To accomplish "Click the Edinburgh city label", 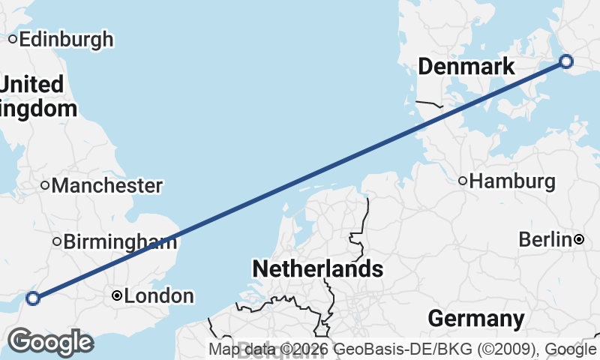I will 66,39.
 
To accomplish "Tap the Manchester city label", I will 106,185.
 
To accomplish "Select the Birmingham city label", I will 120,241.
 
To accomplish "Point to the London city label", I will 158,296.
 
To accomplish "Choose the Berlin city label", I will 545,240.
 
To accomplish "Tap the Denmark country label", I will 466,67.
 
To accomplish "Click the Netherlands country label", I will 317,268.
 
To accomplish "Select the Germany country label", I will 475,319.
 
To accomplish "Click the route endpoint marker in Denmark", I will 566,61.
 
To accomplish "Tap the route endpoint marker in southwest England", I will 32,298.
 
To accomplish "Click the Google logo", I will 50,342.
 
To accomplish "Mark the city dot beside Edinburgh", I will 13,39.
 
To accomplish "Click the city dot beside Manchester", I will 45,185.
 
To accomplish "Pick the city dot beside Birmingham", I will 56,241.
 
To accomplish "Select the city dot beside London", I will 117,296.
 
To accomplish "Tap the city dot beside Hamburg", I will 463,181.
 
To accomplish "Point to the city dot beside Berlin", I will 579,240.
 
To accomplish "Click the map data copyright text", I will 403,349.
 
